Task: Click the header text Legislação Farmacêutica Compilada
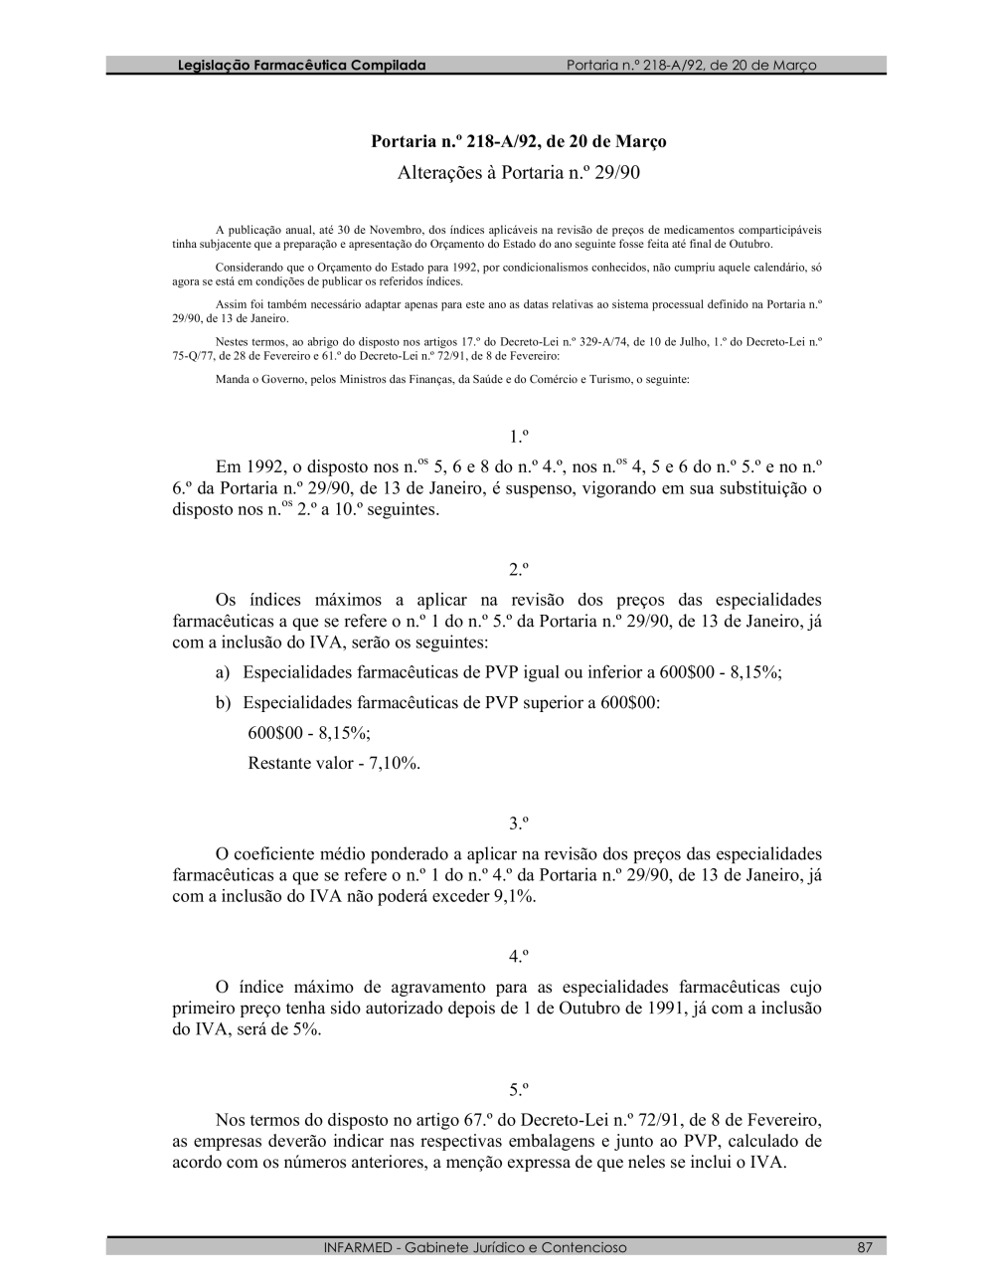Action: (x=301, y=66)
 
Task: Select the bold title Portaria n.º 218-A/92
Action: (x=518, y=141)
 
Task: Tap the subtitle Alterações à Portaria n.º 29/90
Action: (x=519, y=173)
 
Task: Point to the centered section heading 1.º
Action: (x=518, y=437)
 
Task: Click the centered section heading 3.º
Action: (x=518, y=824)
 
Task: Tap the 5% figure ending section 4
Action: (x=305, y=1030)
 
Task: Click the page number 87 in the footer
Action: (x=865, y=1247)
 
